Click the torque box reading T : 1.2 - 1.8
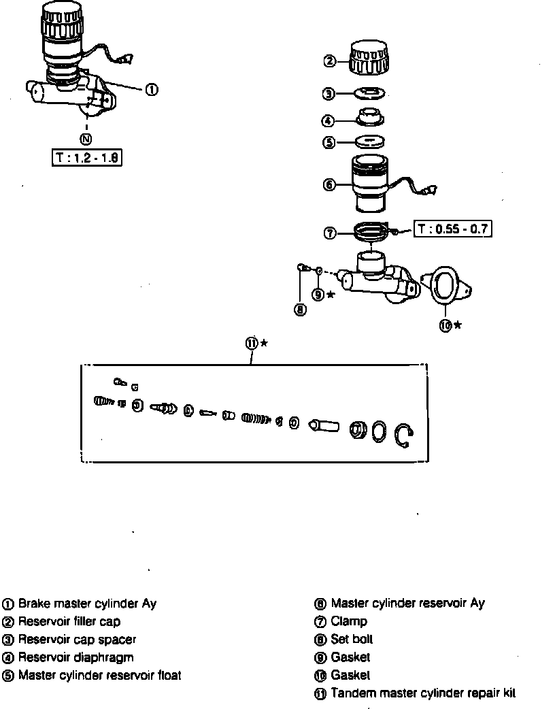[x=86, y=158]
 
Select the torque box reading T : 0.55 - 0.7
[x=453, y=229]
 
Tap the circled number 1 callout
[x=152, y=89]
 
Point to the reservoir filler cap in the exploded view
[x=371, y=57]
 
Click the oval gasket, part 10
[x=443, y=285]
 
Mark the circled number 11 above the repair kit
[x=251, y=344]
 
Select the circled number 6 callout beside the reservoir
[x=329, y=184]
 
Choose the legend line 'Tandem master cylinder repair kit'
[x=422, y=693]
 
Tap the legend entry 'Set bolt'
[x=352, y=640]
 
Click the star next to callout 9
[x=331, y=294]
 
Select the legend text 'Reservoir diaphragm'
[x=75, y=657]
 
